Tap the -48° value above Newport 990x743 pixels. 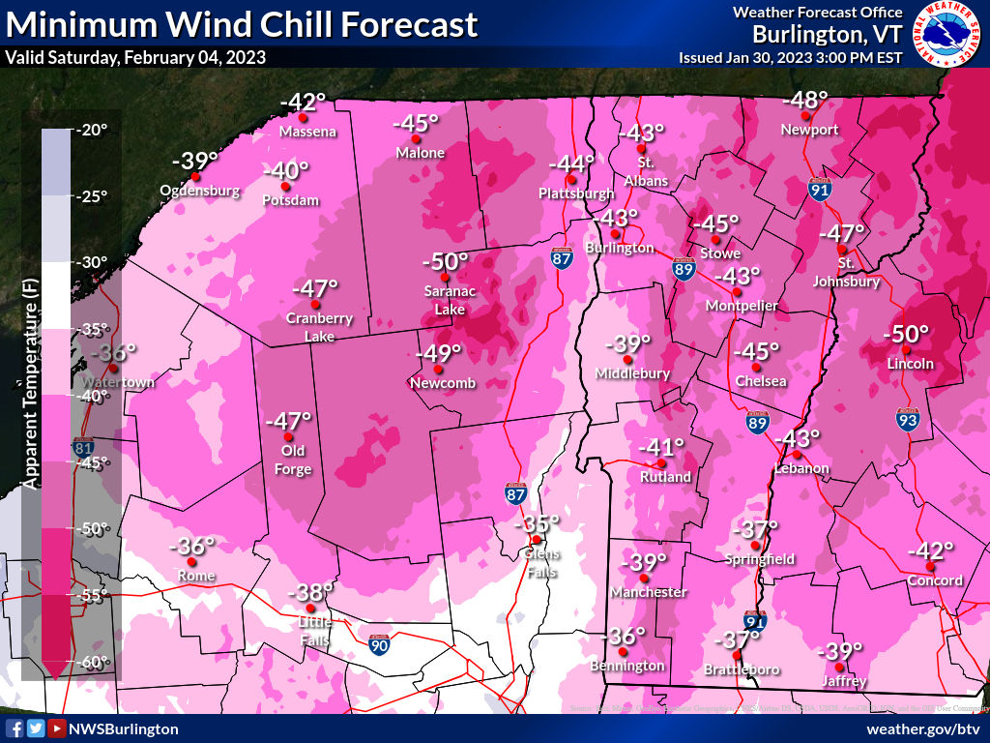[804, 100]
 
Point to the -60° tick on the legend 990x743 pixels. [94, 663]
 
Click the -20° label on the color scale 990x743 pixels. [94, 131]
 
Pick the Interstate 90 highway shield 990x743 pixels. [381, 642]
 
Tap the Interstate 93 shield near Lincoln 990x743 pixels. [906, 420]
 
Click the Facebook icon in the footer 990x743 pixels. [15, 728]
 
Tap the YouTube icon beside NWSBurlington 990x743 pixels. [57, 728]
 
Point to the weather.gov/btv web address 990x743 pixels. [923, 728]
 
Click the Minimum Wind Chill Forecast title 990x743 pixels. [242, 24]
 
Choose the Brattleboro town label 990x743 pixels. [742, 669]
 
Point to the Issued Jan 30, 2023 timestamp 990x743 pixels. [790, 57]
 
